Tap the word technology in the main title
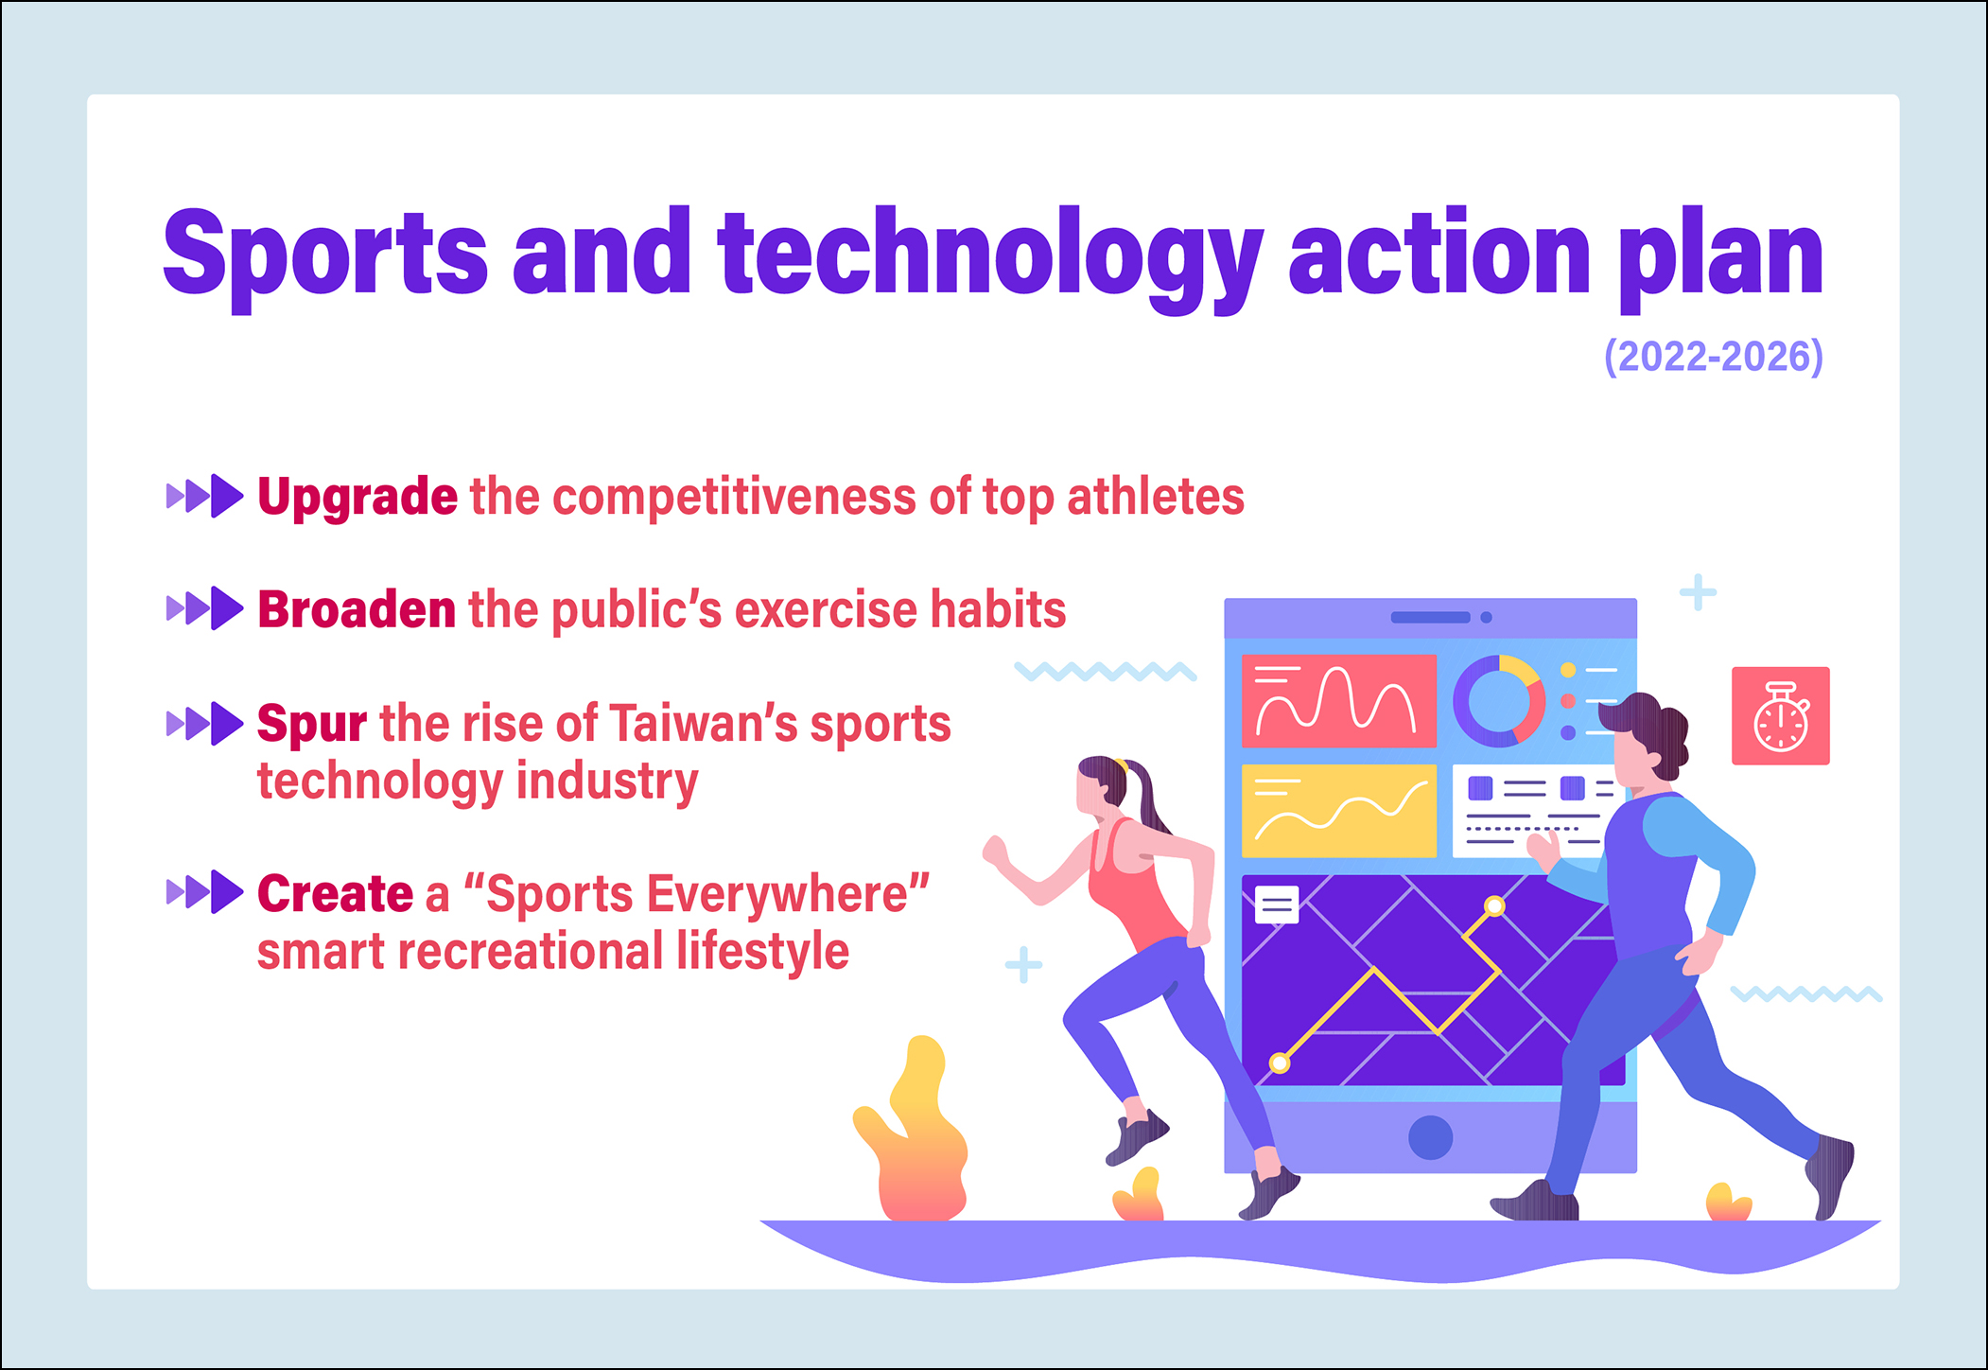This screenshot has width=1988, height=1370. tap(990, 257)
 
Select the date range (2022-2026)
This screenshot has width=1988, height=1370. tap(1713, 357)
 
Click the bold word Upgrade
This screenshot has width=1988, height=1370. tap(357, 498)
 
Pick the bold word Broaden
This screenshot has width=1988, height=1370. tap(357, 609)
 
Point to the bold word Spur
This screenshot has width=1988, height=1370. tap(312, 726)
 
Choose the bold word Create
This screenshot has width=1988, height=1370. tap(336, 894)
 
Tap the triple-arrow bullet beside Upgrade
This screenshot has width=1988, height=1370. tap(204, 496)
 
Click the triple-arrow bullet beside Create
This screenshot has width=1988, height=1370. tap(204, 891)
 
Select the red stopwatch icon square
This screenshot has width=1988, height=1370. tap(1780, 715)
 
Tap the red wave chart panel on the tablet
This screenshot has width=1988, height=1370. tap(1338, 700)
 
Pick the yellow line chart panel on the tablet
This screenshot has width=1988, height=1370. tap(1338, 811)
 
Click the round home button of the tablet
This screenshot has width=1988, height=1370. tap(1430, 1137)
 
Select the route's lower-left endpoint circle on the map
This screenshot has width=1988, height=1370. tap(1280, 1063)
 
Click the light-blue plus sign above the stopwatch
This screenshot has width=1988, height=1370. tap(1698, 592)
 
